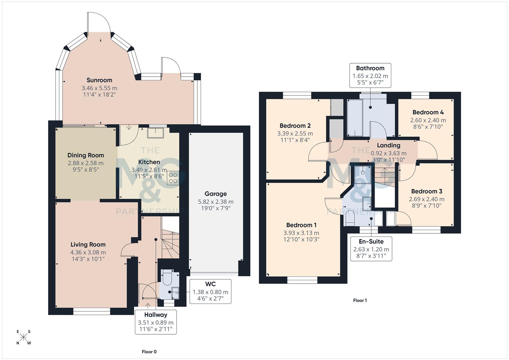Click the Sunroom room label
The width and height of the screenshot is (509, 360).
pos(99,80)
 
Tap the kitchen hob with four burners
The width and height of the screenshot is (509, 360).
pos(173,178)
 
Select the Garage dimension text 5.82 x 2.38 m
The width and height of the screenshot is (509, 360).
pos(216,202)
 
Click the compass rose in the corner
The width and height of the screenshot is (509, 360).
pos(24,337)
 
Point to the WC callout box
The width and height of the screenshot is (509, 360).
pos(210,291)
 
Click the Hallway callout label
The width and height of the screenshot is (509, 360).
pos(156,315)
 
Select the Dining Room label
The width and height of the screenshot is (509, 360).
pos(86,155)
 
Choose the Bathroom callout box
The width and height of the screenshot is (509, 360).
pos(370,75)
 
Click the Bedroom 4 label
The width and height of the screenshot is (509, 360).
pos(428,112)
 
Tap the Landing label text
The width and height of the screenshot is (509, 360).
pos(388,145)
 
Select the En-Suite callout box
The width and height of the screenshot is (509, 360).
pos(371,249)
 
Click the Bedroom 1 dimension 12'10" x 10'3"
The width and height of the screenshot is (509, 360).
pos(301,239)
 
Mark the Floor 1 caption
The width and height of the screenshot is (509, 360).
pos(360,300)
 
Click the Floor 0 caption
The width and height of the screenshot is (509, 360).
pos(149,352)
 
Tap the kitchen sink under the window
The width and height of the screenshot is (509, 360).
pos(156,132)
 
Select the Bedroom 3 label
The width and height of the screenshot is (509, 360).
pos(427,191)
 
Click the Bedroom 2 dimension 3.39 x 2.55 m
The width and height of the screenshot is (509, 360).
pos(295,134)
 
